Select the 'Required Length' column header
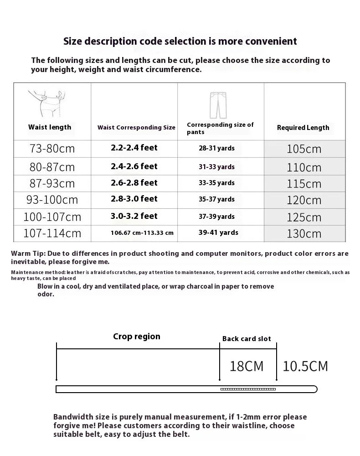click(303, 128)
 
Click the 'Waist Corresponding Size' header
click(136, 128)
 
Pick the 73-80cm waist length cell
click(51, 149)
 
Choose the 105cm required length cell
click(304, 149)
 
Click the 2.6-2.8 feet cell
click(134, 183)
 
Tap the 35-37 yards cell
click(216, 199)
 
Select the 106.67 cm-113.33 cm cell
click(142, 233)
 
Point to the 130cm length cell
click(304, 233)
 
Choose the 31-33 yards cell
click(216, 167)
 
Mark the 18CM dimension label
click(247, 366)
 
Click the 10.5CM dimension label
click(305, 366)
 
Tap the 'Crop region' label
click(137, 337)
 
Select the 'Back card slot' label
click(247, 339)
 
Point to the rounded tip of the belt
click(314, 389)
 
